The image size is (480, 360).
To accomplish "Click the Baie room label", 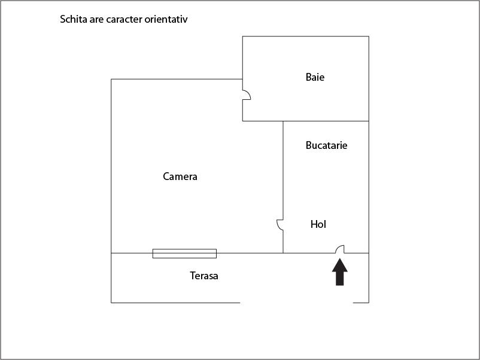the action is [315, 77].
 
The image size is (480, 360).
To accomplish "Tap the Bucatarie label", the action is [326, 145].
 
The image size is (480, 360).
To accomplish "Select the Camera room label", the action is [180, 176].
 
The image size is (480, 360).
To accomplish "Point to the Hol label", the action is [318, 224].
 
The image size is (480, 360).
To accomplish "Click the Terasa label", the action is [204, 276].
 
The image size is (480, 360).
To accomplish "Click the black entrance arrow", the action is [340, 272].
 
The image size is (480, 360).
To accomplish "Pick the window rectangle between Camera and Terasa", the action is [184, 254].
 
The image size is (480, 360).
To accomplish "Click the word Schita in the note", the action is [74, 19].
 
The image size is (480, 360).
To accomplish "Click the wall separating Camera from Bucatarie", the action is [283, 187].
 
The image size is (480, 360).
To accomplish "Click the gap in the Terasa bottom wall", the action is [296, 303].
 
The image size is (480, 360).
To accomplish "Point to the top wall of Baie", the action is [305, 36].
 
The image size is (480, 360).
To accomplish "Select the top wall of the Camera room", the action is [177, 79].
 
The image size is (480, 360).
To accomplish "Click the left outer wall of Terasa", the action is [111, 278].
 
